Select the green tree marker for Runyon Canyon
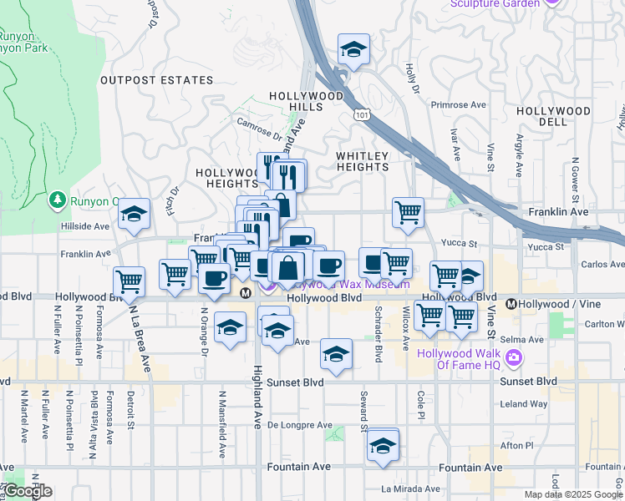57,200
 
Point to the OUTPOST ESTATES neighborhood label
157,80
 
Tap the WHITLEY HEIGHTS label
362,161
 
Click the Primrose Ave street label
458,106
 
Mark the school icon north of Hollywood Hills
353,50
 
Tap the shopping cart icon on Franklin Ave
408,212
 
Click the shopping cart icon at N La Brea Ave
129,281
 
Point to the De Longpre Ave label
300,425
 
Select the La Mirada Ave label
410,488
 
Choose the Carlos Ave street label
604,264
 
